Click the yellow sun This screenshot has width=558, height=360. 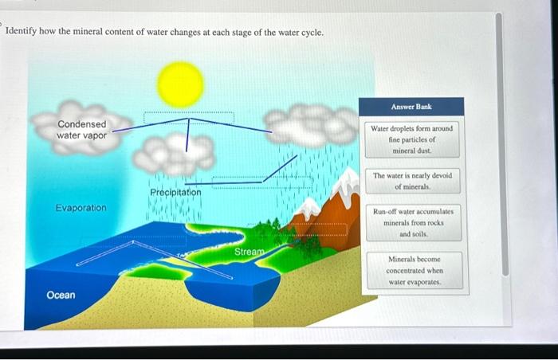coord(180,84)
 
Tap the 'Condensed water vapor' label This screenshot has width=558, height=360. coord(81,130)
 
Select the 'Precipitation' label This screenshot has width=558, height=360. coord(175,193)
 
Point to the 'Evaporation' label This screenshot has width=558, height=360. coord(81,208)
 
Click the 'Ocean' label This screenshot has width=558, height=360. coord(61,295)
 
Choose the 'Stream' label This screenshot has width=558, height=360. coord(249,252)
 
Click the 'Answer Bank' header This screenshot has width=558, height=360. coord(411,106)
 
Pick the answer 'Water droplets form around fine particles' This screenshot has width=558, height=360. coord(411,139)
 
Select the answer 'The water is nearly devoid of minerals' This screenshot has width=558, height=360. coord(412,181)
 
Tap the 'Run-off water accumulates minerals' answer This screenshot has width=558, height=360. coord(412,223)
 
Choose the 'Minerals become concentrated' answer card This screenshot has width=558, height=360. coord(412,271)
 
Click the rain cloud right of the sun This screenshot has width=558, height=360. coord(311,126)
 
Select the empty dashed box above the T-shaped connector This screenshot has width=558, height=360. coord(188,118)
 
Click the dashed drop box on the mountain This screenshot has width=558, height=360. coord(318,230)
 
